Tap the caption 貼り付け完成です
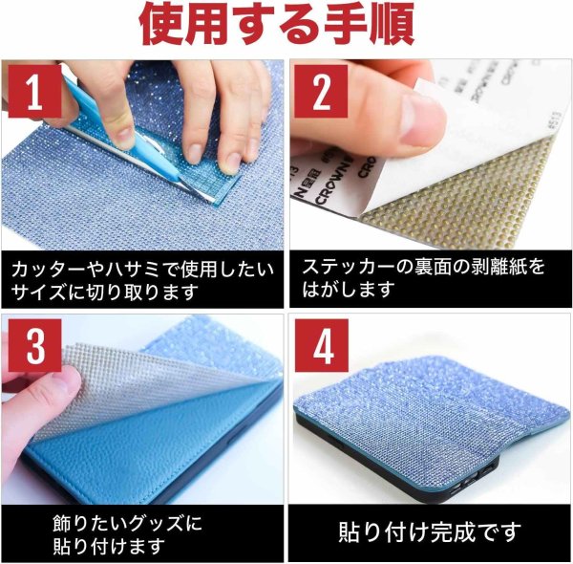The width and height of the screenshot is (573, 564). (x=431, y=530)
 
